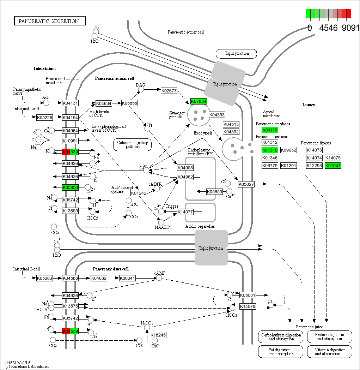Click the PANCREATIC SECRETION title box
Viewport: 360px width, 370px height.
coord(49,21)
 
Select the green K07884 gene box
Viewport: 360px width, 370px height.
coord(199,101)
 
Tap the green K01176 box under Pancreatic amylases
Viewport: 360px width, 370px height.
coord(270,130)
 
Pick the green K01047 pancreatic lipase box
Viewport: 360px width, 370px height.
coord(333,166)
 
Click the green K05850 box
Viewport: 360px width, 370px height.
coord(70,187)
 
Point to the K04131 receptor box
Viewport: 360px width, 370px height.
coord(70,103)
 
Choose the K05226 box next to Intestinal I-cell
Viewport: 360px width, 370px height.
coord(44,118)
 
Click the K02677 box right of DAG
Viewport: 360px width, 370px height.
coord(169,91)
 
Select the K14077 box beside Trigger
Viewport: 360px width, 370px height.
coord(185,212)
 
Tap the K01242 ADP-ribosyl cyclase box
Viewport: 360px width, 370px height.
coord(138,193)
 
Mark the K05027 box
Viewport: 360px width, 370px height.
coord(246,184)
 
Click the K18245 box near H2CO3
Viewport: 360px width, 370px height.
coord(158,335)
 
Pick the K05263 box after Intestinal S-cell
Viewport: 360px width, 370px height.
coord(44,278)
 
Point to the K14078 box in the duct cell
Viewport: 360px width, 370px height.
coord(248,306)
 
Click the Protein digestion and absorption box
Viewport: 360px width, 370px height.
coord(329,337)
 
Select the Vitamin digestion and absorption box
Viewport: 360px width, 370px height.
coord(329,352)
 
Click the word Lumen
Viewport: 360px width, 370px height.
coord(309,105)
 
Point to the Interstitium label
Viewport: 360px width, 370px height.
coord(44,68)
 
